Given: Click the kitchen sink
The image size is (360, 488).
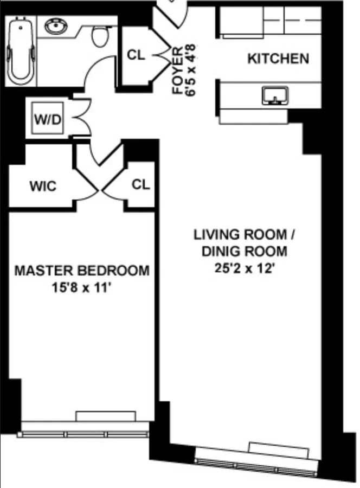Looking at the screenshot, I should coord(274,97).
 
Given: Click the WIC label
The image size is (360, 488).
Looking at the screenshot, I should coord(42,186).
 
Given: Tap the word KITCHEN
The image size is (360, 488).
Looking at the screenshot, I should coord(278,59).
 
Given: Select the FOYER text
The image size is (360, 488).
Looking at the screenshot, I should coord(177,78).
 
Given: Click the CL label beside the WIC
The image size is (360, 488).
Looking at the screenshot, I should coord(140,185).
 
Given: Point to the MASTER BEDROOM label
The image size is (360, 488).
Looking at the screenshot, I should coord(81,270).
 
